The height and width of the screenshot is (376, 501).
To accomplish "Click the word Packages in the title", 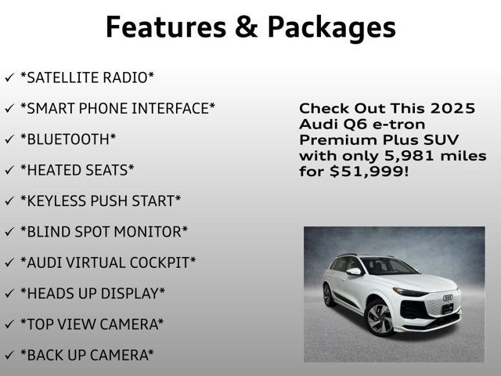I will [x=332, y=27].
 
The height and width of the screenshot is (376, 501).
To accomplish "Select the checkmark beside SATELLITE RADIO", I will [x=9, y=78].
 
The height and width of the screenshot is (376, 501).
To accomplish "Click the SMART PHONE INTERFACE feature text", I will [x=117, y=108].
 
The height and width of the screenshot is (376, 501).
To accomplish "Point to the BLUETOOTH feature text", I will [x=68, y=139].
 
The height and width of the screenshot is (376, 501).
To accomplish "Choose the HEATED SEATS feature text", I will [x=77, y=170].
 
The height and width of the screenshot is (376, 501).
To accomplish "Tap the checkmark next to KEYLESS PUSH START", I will [x=9, y=201].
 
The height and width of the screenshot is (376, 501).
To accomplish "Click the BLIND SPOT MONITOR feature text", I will [x=104, y=232].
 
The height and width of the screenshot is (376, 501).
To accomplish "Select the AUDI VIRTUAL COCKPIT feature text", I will [x=108, y=262].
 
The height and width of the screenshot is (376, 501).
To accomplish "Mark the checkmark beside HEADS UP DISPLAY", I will [x=9, y=294].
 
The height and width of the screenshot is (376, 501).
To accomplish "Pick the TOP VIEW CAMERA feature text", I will [x=92, y=324].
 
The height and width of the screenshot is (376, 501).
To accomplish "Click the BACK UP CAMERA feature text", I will [x=87, y=355].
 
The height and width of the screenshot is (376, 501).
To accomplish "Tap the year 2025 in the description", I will [x=452, y=109].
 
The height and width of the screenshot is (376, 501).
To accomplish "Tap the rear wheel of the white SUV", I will [x=329, y=295].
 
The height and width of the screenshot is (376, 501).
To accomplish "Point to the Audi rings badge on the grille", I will [x=448, y=298].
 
